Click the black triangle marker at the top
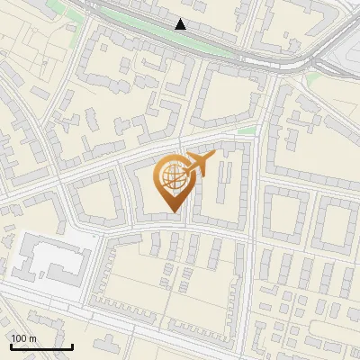[181, 24]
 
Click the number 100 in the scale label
[19, 337]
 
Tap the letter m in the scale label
[32, 337]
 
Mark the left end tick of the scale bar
[10, 346]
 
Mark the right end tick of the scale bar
[72, 346]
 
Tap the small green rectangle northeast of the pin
[247, 131]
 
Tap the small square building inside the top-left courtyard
[90, 117]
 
